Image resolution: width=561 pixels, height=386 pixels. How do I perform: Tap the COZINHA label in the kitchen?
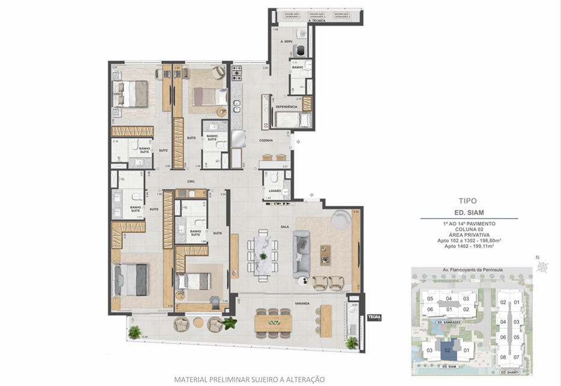coord(266,140)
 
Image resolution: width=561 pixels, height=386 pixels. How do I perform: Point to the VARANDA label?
coord(302,304)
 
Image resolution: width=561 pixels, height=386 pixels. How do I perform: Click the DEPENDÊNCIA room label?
coord(286,107)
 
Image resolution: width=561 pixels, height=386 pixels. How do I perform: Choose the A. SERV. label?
coord(286,42)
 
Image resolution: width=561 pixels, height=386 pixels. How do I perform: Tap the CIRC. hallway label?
coord(193,181)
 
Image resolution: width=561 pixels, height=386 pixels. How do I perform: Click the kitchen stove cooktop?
coord(236,75)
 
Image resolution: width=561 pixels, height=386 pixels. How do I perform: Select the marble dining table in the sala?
coord(263,256)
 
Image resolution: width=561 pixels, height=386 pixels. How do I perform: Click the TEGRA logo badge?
coord(374,318)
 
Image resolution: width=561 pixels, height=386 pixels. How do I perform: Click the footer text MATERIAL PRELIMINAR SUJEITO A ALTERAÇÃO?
coord(249,379)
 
